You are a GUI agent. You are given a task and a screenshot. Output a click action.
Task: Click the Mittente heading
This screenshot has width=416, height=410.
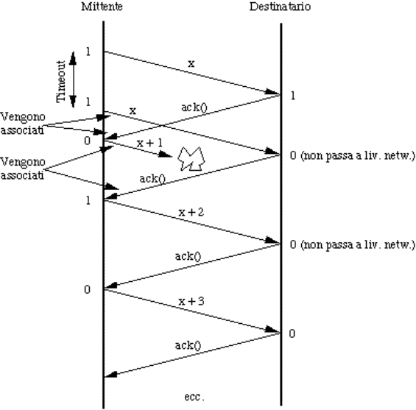(102, 7)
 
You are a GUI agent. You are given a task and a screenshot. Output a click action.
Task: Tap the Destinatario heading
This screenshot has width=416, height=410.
(280, 7)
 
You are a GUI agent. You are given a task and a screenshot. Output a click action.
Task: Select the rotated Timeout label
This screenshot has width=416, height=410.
(61, 82)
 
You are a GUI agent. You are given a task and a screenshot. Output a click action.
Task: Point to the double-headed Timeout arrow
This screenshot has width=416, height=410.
(73, 79)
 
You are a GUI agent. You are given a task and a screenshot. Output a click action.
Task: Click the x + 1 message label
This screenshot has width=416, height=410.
(150, 143)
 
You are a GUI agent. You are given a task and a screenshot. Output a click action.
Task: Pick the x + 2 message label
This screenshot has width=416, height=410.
(191, 212)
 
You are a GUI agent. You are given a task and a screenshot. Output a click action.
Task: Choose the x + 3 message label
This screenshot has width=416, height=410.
(191, 301)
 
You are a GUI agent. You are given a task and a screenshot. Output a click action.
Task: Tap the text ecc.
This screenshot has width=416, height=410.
(194, 397)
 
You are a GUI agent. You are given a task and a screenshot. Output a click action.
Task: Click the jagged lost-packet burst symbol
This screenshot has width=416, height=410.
(191, 158)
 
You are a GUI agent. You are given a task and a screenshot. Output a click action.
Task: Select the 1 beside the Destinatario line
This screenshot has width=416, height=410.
(292, 96)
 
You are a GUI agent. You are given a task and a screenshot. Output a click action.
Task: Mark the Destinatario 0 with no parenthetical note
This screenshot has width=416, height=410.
(292, 333)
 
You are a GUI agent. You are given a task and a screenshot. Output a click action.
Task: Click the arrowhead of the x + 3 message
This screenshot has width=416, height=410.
(272, 331)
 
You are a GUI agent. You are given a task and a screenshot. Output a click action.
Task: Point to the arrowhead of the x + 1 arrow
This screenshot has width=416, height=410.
(165, 155)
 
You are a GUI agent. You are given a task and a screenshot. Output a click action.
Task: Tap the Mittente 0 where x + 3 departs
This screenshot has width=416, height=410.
(87, 289)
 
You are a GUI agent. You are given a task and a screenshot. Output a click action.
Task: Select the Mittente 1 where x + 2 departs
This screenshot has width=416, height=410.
(88, 200)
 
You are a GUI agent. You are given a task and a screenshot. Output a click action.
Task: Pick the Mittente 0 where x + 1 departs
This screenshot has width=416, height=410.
(87, 141)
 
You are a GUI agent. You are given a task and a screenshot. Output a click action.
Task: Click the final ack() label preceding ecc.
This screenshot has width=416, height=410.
(188, 345)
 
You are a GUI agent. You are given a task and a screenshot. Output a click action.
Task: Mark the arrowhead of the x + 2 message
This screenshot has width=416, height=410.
(272, 241)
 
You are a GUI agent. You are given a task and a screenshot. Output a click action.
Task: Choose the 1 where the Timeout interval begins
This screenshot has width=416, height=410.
(88, 52)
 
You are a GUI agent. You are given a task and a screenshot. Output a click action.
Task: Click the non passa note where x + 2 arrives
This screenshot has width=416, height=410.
(357, 244)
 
